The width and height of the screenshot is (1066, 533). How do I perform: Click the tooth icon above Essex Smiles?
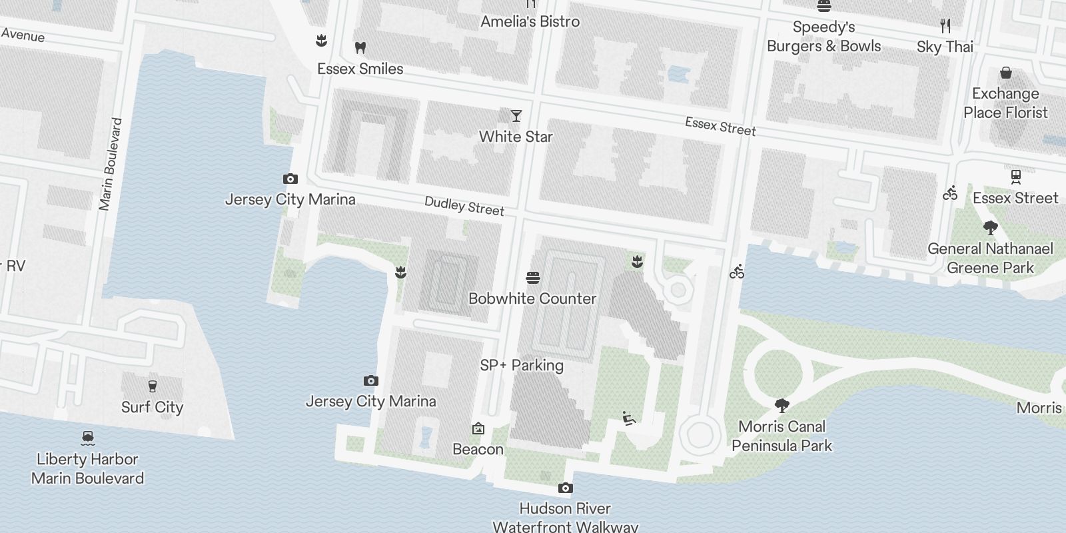(360, 47)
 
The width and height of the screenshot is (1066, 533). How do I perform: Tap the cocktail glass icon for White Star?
(516, 116)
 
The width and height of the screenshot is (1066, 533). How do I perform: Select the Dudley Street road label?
(464, 207)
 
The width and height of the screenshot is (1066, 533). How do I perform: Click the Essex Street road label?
(720, 126)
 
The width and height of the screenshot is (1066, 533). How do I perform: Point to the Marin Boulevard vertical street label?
(111, 165)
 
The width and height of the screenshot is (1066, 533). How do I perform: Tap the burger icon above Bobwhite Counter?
(532, 278)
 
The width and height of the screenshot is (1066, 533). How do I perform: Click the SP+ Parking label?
(522, 365)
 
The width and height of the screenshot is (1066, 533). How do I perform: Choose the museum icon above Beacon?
(478, 428)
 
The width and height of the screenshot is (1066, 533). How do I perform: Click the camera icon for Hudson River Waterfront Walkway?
(565, 488)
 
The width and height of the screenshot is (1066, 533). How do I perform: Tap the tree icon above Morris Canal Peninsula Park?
(782, 405)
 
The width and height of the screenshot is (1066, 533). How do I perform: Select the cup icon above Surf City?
(152, 386)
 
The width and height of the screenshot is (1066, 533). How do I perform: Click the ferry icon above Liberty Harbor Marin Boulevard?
(87, 438)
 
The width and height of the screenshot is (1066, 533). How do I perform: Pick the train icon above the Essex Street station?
(1015, 177)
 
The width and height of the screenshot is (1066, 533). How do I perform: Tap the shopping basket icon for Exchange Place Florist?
(1005, 73)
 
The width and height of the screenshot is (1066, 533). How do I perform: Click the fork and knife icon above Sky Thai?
(945, 26)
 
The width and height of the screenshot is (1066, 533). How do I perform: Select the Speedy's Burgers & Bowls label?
(823, 37)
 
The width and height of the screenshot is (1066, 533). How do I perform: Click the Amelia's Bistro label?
(530, 21)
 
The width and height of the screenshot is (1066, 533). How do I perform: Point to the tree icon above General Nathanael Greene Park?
(990, 228)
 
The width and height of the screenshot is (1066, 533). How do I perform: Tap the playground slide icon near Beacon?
(628, 418)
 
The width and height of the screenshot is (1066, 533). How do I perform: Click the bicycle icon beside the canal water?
(736, 272)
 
